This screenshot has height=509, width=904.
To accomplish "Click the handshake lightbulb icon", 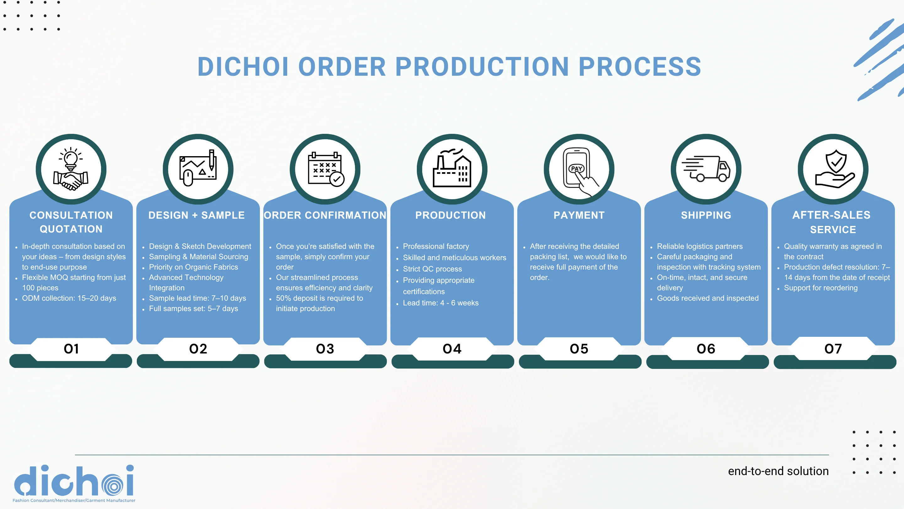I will click(71, 169).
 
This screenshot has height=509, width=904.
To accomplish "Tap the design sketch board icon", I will click(198, 169).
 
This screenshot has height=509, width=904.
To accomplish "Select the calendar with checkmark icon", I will click(325, 169).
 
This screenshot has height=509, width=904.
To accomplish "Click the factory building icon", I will click(452, 169).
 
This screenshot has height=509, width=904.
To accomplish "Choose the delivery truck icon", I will click(706, 169).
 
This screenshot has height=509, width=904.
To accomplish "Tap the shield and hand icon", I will click(833, 169).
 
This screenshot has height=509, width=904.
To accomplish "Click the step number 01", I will click(71, 349).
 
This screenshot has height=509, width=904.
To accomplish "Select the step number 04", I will click(452, 349).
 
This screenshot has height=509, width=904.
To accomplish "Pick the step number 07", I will click(833, 349).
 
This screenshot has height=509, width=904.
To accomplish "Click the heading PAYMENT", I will click(579, 215).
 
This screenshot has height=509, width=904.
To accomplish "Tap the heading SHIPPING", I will click(706, 215).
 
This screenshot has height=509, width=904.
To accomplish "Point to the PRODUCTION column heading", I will click(451, 215).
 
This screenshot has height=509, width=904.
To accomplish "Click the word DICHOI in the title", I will click(243, 67).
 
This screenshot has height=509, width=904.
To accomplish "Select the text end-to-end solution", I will click(778, 471).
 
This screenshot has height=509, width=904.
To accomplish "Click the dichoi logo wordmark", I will click(74, 481).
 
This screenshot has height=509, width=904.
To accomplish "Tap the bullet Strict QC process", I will click(432, 269).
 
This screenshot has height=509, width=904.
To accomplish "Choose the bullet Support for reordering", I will click(821, 288).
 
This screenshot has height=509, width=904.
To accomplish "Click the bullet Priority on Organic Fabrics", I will click(193, 267).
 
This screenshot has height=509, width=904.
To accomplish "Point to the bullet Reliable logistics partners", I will click(700, 247).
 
